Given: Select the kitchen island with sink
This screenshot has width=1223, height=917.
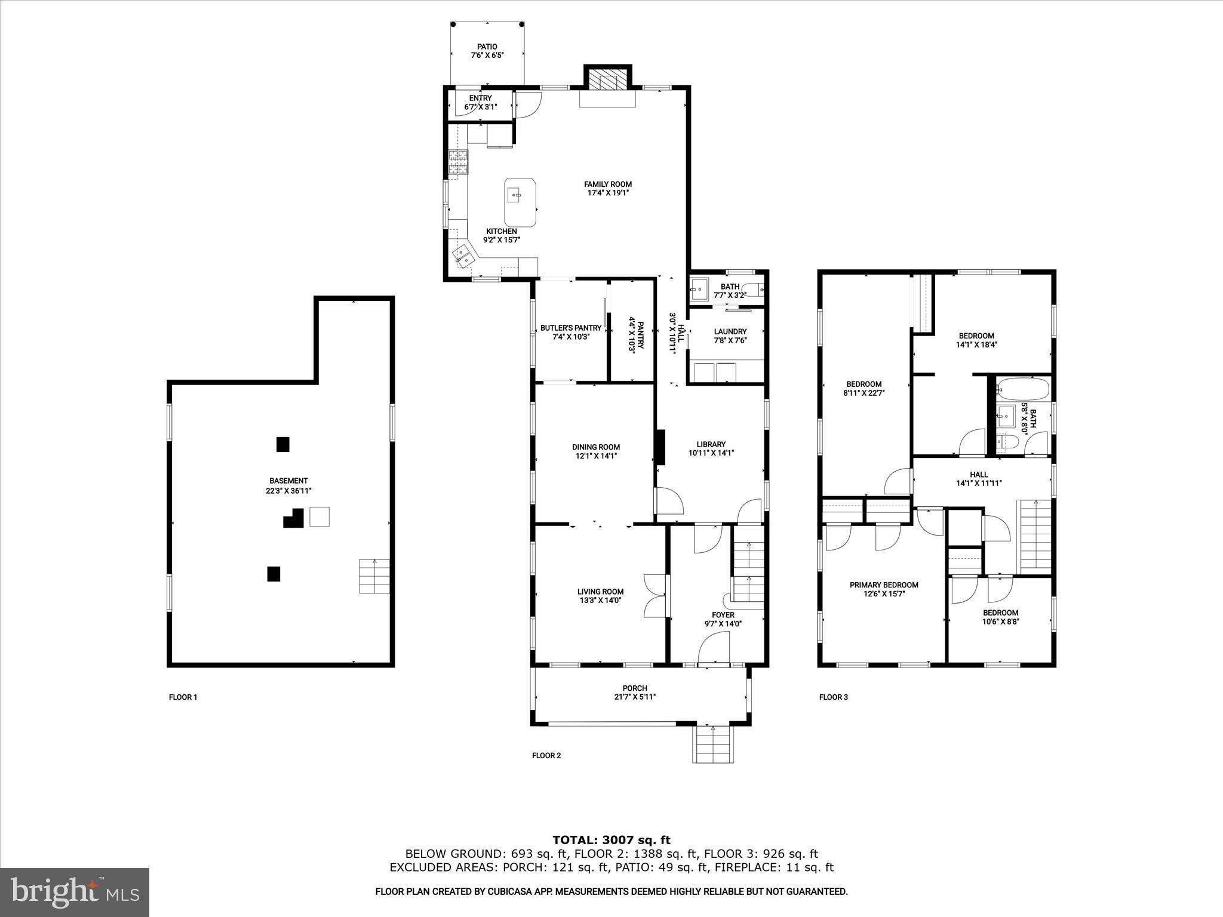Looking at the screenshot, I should tap(520, 199).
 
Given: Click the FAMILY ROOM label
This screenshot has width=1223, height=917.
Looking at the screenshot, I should tap(607, 184).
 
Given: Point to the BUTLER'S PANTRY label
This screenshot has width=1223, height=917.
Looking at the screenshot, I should tap(570, 328).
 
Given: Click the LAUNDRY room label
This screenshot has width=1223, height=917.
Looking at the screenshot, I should tap(730, 332).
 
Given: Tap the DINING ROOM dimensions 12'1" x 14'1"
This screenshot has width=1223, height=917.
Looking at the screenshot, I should tap(595, 456).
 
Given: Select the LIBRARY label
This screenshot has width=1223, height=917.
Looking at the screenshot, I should tap(711, 444).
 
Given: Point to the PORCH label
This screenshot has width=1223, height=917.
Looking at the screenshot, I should tap(634, 688).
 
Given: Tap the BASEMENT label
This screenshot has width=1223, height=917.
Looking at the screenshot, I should tap(288, 481).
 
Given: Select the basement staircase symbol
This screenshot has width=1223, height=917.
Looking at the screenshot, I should tap(374, 576).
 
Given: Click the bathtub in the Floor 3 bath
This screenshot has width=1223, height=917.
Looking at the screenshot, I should tap(1022, 389).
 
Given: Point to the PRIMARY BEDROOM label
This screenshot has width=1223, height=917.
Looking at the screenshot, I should tap(883, 585).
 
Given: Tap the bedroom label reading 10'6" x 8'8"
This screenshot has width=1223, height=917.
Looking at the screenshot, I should tap(1000, 621).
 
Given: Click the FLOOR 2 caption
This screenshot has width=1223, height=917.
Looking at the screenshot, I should tap(546, 755).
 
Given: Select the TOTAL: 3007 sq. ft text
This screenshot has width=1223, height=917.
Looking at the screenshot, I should tap(611, 840).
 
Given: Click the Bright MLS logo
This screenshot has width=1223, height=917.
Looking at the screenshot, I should tap(75, 892).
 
